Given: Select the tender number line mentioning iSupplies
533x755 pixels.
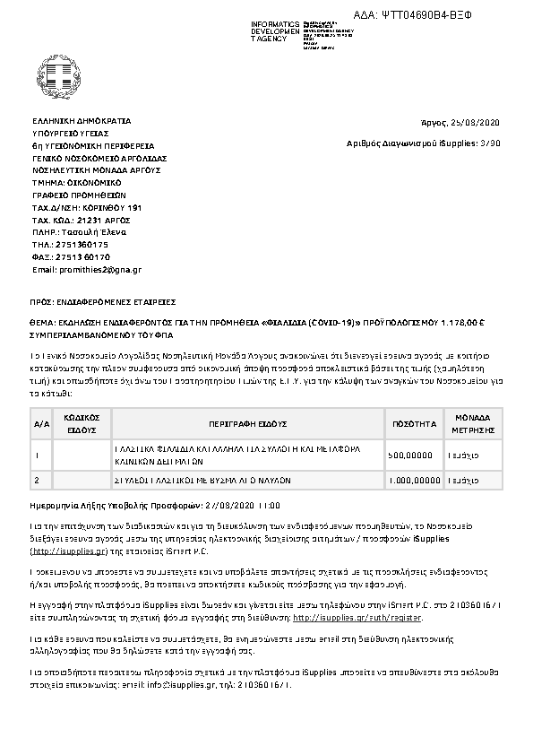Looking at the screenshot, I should tap(424, 143).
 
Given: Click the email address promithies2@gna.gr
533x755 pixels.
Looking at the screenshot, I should tap(87, 269).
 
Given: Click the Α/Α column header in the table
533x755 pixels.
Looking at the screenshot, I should tap(40, 422).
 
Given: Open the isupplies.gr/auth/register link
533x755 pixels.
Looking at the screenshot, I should tap(357, 618).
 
